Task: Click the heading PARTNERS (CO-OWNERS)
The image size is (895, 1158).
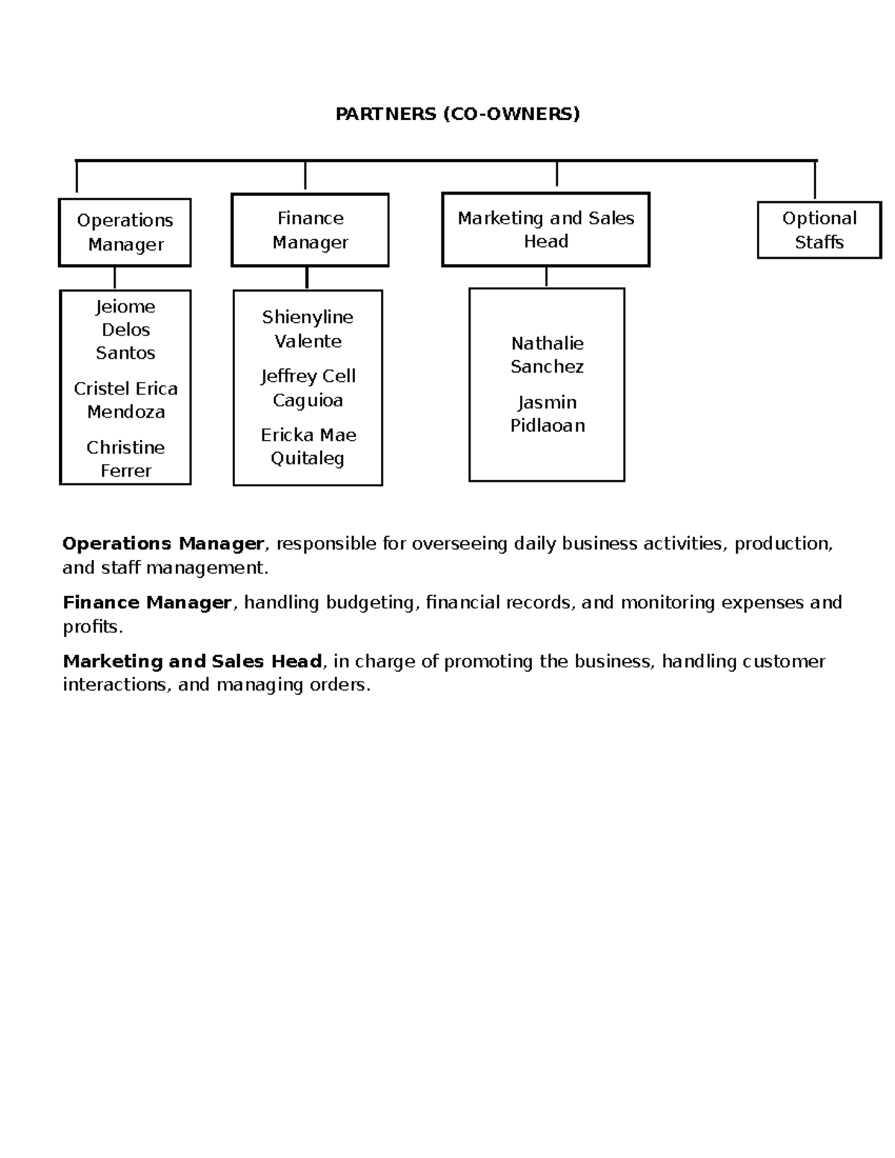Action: coord(457,114)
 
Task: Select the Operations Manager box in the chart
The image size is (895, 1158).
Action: coord(125,232)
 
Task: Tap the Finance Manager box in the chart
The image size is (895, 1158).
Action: coord(310,230)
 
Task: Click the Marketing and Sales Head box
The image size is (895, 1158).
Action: coord(545,229)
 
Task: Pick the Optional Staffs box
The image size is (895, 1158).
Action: coord(819,230)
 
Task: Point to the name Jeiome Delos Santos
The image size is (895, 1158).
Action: coord(125,330)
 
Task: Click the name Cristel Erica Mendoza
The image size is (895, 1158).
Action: coord(125,400)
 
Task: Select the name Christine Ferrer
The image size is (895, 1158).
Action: coord(125,459)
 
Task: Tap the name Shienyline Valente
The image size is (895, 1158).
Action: coord(307,329)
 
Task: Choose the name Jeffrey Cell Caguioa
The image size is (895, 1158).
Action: coord(307,388)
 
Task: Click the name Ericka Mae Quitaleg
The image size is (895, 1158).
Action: coord(307,446)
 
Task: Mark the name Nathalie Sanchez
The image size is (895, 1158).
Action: coord(547,355)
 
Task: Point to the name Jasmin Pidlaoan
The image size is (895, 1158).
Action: coord(547,414)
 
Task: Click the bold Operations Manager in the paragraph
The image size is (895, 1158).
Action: coord(163,544)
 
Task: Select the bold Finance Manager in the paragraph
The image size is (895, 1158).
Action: coord(147,602)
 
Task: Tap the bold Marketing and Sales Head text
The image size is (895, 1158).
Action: coord(192,661)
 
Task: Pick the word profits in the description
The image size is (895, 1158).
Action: coord(90,626)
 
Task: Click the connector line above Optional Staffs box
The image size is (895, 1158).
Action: coord(814,180)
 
